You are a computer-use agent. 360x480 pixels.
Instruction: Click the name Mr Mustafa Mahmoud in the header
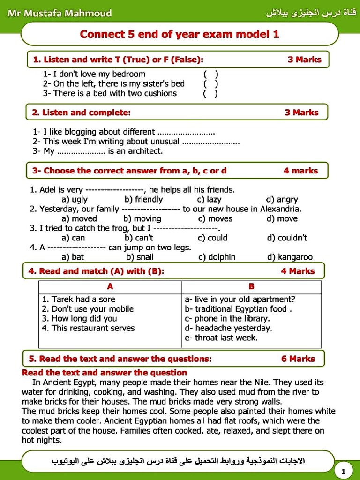[x=60, y=13]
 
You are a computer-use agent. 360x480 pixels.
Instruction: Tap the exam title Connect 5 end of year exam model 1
[x=180, y=34]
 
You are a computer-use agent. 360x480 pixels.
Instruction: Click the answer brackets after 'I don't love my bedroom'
[x=210, y=74]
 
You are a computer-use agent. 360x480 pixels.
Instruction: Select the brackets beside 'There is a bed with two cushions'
[x=210, y=93]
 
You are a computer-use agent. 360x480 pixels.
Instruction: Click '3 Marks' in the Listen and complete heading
[x=301, y=112]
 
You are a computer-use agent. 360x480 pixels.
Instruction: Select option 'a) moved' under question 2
[x=79, y=218]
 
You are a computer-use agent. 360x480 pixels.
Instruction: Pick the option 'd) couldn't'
[x=287, y=238]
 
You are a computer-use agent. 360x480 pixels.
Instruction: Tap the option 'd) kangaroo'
[x=289, y=257]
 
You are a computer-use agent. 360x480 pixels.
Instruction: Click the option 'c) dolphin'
[x=217, y=257]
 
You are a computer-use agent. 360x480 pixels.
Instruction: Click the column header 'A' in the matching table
[x=110, y=286]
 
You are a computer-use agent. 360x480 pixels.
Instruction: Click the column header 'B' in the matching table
[x=252, y=286]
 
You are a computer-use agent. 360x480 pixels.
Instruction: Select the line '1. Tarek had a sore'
[x=78, y=299]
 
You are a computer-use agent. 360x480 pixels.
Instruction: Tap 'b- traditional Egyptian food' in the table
[x=239, y=309]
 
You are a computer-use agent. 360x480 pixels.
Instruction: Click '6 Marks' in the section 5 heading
[x=298, y=359]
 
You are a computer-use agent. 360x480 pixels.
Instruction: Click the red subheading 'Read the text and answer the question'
[x=105, y=373]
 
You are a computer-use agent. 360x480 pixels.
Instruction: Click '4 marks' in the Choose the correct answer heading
[x=300, y=171]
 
